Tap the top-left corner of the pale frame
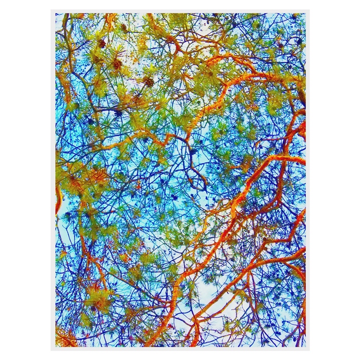pyautogui.click(x=52, y=11)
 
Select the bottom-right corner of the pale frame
pyautogui.click(x=308, y=349)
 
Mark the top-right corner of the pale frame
pyautogui.click(x=308, y=11)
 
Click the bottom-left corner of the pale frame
pyautogui.click(x=52, y=349)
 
